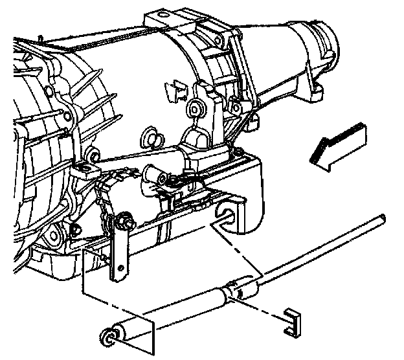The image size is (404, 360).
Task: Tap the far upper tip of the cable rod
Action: (x=384, y=218)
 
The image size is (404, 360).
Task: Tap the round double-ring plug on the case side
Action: (x=148, y=136)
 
